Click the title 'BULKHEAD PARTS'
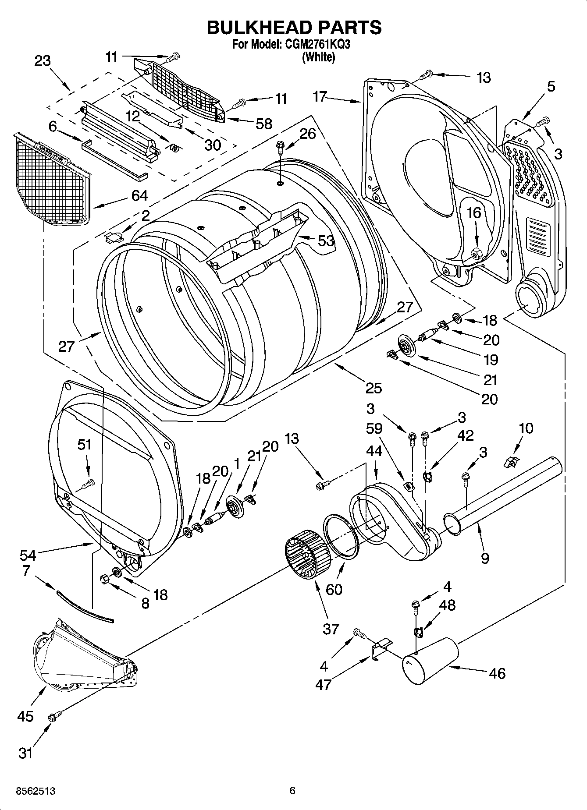[x=294, y=27]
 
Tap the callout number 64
[x=139, y=196]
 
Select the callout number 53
[x=326, y=241]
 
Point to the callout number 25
[x=373, y=388]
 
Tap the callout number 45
[x=25, y=716]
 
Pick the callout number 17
[x=320, y=96]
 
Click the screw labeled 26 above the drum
[x=280, y=148]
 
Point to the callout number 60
[x=334, y=589]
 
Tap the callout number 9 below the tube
[x=485, y=558]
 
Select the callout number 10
[x=526, y=428]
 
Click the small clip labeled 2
[x=114, y=237]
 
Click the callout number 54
[x=28, y=555]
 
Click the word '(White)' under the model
[x=319, y=57]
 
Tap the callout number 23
[x=43, y=60]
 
